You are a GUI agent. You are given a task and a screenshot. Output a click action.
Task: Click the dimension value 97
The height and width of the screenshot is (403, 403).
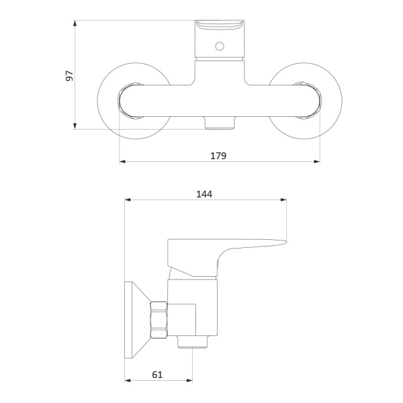click(69, 75)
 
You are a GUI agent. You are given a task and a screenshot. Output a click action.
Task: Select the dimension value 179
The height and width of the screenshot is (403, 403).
click(218, 156)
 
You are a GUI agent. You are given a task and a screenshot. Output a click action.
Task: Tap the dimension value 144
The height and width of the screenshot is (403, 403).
click(204, 194)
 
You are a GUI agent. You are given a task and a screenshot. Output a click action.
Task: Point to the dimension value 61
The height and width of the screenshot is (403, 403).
click(157, 375)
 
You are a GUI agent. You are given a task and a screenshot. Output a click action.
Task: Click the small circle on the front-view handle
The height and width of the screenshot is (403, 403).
click(220, 46)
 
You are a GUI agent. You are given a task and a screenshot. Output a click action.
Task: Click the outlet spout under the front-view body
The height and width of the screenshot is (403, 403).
click(220, 123)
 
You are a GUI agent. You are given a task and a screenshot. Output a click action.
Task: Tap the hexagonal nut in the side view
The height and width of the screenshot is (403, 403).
click(159, 320)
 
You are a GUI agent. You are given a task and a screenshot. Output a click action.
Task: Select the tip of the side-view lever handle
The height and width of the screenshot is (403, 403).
click(286, 241)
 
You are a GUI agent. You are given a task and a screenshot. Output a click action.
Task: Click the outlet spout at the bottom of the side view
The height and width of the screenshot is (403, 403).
click(193, 342)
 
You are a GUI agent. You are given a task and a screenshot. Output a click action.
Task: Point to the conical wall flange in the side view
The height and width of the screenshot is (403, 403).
click(137, 320)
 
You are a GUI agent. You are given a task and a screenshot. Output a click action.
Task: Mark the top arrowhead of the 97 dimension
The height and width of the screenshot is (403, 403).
click(75, 23)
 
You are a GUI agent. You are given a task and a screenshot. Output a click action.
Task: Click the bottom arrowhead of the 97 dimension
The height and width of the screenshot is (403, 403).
click(75, 126)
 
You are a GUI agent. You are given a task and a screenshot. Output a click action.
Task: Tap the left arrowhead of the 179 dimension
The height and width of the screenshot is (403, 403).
click(123, 161)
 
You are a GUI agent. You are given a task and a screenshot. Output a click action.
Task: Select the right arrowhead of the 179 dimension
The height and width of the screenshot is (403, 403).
click(317, 161)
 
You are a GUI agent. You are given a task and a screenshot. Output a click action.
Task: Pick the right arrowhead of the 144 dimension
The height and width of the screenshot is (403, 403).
click(283, 199)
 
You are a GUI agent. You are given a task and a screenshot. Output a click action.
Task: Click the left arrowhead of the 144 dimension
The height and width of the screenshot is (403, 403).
click(128, 199)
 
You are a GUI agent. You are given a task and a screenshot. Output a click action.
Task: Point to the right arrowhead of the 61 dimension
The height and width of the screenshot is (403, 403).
click(189, 380)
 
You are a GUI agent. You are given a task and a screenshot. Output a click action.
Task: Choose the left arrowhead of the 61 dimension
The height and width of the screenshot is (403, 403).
click(128, 380)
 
